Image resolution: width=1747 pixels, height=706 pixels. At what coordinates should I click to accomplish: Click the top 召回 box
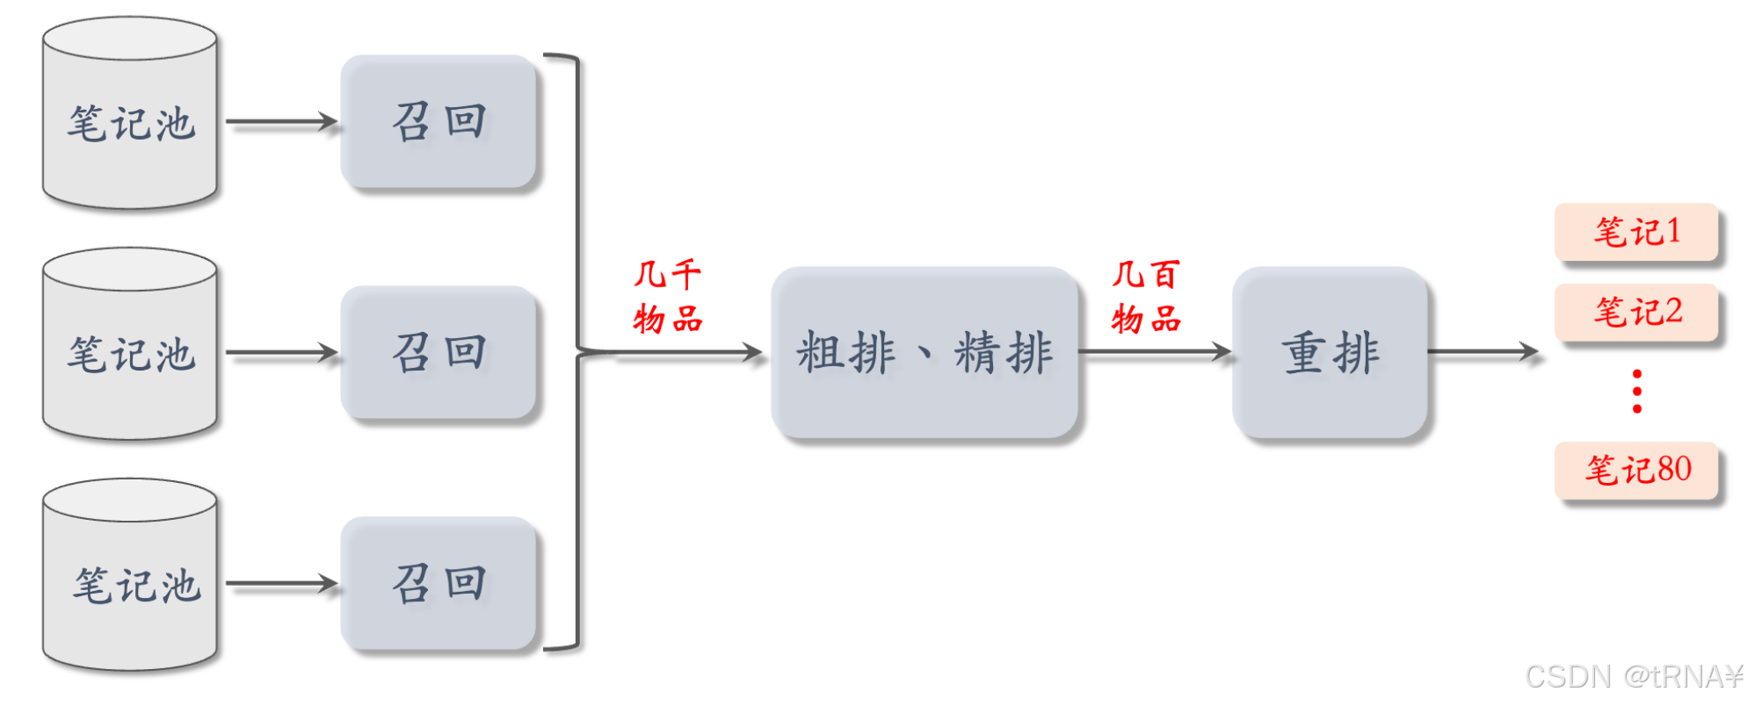pyautogui.click(x=439, y=121)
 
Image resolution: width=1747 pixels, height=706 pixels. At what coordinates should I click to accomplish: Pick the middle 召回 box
pyautogui.click(x=439, y=352)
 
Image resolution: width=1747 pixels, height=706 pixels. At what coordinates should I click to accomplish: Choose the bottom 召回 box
pyautogui.click(x=439, y=583)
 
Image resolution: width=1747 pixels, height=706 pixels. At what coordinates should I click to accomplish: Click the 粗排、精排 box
pyautogui.click(x=924, y=352)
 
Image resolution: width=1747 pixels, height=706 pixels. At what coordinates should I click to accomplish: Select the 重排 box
pyautogui.click(x=1330, y=352)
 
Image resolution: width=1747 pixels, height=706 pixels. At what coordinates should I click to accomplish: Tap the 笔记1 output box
pyautogui.click(x=1636, y=232)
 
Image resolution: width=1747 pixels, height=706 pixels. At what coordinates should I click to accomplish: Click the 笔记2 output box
pyautogui.click(x=1636, y=312)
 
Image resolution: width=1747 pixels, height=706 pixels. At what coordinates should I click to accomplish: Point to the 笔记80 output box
pyautogui.click(x=1636, y=470)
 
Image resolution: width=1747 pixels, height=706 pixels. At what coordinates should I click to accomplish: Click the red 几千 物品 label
pyautogui.click(x=668, y=296)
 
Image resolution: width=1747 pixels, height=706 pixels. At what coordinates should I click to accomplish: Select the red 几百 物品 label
pyautogui.click(x=1146, y=296)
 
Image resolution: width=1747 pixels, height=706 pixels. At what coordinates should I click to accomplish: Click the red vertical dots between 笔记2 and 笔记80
pyautogui.click(x=1636, y=391)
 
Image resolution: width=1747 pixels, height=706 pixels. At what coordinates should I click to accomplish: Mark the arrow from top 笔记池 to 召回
pyautogui.click(x=281, y=121)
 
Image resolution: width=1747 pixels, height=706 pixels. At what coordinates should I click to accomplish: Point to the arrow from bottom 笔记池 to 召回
pyautogui.click(x=281, y=583)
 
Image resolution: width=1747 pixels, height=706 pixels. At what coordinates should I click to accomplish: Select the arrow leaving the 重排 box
pyautogui.click(x=1483, y=352)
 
